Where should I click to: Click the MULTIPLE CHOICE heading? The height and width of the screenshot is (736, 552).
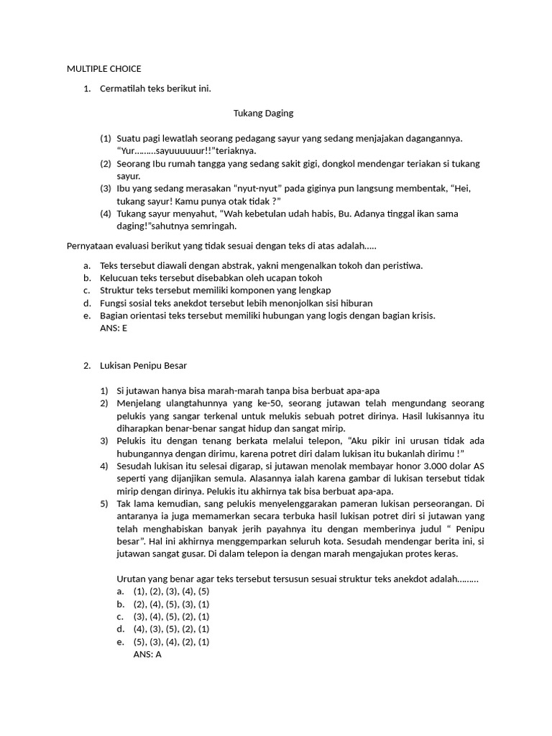click(103, 69)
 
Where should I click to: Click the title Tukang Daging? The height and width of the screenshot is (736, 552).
click(264, 114)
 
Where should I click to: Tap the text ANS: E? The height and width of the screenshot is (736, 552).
click(115, 328)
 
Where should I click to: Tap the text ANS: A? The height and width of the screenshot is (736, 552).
click(147, 655)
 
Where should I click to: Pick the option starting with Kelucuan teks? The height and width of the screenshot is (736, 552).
click(211, 278)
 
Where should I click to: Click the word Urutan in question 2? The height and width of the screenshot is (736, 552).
click(131, 579)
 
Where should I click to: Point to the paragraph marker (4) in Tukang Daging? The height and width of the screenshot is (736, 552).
click(106, 214)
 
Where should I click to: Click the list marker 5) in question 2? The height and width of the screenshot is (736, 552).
click(105, 504)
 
